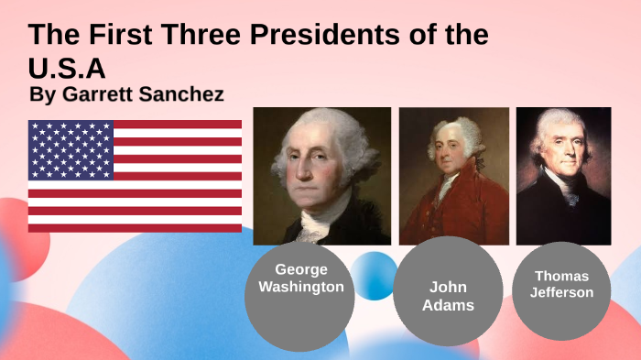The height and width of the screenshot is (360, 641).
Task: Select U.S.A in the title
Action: pos(68,69)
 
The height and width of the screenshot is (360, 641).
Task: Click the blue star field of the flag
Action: pos(71,149)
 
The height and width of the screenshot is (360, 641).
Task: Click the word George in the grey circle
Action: pos(300,269)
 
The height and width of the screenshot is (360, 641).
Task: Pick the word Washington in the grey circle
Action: pos(300,287)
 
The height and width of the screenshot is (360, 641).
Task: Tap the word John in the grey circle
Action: pos(448,288)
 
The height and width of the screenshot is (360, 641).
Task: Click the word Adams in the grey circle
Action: pos(448,305)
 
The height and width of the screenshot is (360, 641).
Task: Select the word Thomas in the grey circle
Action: pos(561,276)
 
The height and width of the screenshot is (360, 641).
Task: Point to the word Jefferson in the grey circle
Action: pos(561,292)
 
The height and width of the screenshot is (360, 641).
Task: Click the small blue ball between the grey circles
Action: pos(375,275)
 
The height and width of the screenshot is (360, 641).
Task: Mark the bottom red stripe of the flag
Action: pos(135,228)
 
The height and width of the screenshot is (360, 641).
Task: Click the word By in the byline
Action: pos(42,94)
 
